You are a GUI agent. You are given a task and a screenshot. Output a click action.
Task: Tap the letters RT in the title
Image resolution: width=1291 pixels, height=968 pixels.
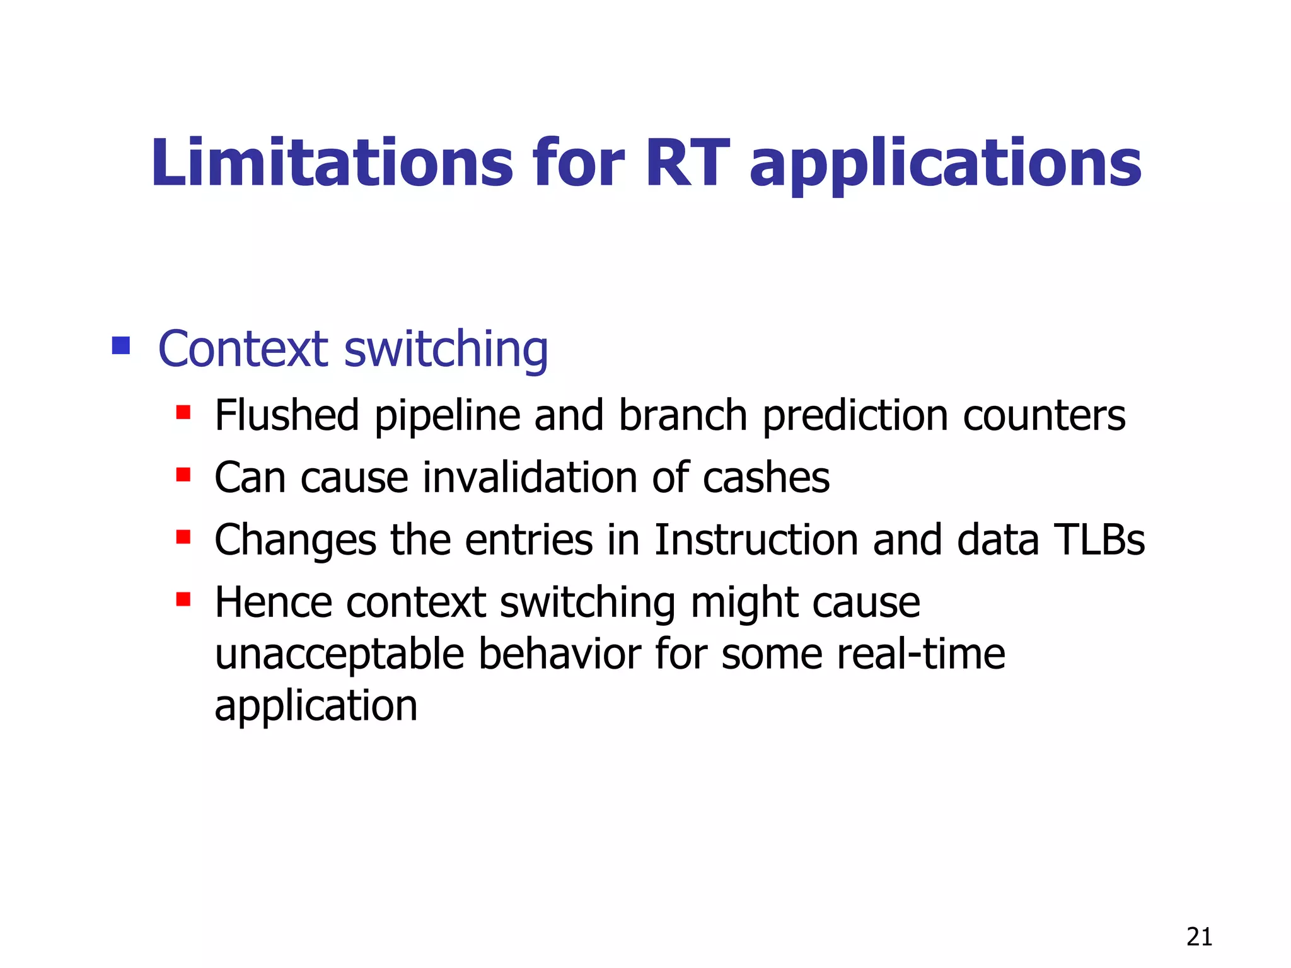(x=687, y=164)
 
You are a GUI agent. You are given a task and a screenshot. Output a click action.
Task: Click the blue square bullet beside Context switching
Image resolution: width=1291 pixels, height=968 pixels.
(x=121, y=346)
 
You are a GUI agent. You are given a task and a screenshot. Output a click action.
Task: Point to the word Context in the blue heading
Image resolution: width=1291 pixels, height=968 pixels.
(x=243, y=349)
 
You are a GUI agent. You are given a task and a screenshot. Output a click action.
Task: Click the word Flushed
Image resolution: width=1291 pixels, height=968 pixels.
(x=287, y=416)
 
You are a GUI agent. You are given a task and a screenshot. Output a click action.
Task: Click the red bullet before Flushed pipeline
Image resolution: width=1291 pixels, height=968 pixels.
(x=183, y=413)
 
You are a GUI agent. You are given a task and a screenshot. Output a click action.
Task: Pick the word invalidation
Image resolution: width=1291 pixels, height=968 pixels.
(x=530, y=478)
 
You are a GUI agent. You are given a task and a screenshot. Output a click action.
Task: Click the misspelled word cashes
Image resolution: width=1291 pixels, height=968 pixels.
(x=766, y=478)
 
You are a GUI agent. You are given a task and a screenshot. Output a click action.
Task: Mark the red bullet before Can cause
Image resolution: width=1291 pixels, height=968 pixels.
(x=183, y=475)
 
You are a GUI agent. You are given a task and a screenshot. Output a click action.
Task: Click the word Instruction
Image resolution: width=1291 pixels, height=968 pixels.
(x=756, y=540)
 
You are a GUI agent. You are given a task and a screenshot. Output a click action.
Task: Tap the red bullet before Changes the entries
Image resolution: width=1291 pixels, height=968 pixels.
(x=183, y=537)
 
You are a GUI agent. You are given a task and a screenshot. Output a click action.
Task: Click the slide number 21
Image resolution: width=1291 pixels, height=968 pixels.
(x=1199, y=937)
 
